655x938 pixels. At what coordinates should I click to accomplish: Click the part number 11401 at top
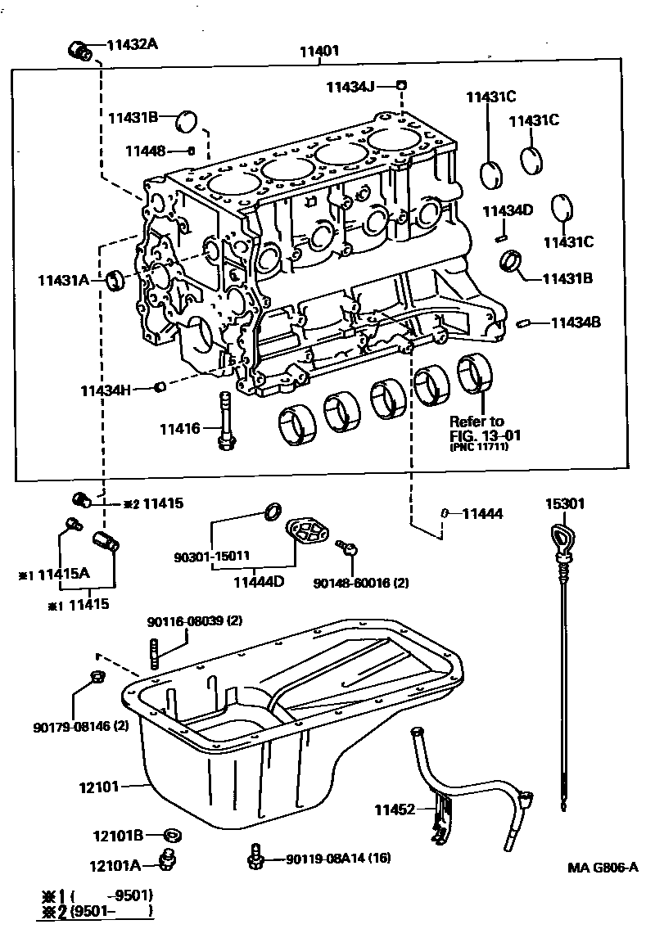point(318,51)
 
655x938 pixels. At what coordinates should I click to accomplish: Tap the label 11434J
point(350,86)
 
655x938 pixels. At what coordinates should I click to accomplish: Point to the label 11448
point(145,151)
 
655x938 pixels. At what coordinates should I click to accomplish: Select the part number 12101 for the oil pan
point(99,787)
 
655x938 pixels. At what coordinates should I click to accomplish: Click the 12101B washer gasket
point(172,836)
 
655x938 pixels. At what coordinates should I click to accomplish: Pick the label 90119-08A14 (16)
point(337,859)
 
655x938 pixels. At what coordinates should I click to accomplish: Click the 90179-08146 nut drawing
point(96,676)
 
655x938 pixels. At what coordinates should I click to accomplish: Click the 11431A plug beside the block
point(116,281)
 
